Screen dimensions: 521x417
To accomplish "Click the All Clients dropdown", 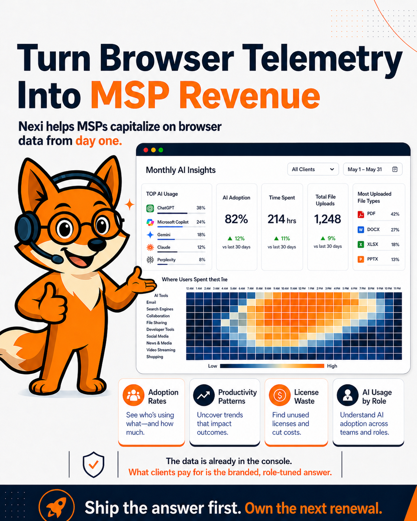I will click(x=313, y=169).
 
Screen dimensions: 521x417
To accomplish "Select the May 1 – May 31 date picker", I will click(x=372, y=169).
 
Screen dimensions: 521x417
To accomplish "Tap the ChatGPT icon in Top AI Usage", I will click(x=150, y=208).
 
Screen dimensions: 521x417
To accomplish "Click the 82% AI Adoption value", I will click(x=236, y=219).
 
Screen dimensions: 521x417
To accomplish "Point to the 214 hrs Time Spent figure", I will click(x=282, y=219).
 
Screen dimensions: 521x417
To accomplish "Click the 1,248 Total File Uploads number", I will click(x=327, y=219).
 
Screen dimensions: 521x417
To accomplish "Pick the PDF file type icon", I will click(x=361, y=214).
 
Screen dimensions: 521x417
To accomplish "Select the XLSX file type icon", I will click(x=361, y=245).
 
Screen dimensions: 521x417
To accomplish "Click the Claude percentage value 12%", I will click(x=201, y=247).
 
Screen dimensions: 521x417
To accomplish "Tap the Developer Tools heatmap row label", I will click(x=160, y=330).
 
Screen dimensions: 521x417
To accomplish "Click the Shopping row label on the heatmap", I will click(x=155, y=357).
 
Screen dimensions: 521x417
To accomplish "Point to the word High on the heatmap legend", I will click(x=332, y=366).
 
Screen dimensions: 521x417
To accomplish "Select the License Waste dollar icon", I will click(x=279, y=395).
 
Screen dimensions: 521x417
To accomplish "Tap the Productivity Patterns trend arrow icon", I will click(x=204, y=395).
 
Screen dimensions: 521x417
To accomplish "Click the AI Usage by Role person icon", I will click(x=347, y=395).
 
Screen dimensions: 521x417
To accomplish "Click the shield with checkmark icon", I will click(x=93, y=464).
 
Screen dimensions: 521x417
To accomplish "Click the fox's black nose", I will click(x=97, y=245).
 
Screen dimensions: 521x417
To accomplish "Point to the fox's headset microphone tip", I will click(x=57, y=259).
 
